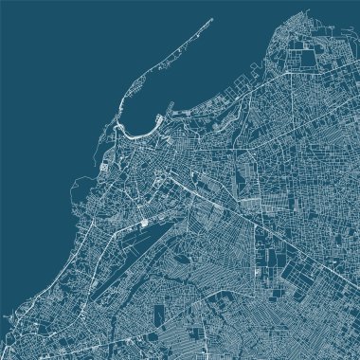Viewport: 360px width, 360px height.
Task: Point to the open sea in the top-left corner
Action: coord(47,47)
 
